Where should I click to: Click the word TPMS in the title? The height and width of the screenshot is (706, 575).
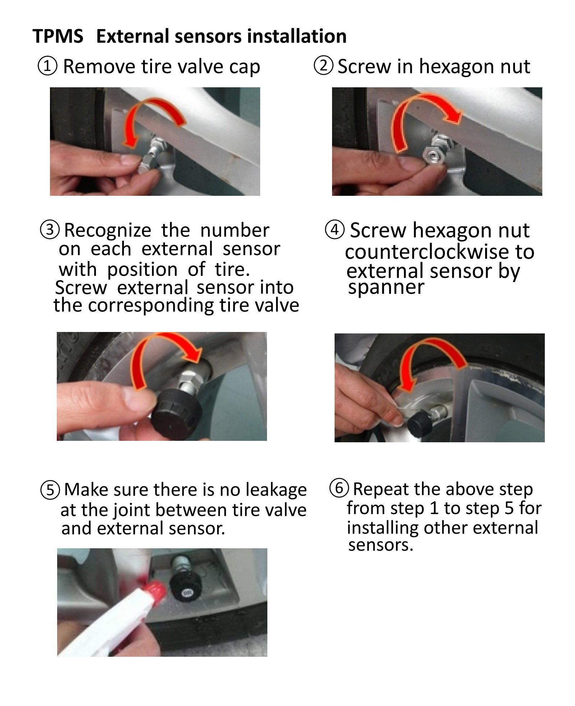tap(57, 36)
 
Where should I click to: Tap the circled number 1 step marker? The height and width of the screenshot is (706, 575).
tap(47, 66)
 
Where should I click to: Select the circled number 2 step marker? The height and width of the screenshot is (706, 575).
tap(323, 65)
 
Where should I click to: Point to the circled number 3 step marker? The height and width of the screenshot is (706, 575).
tap(50, 230)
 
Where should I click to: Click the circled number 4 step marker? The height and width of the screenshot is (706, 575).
tap(335, 229)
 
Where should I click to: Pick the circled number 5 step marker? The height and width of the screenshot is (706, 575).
tap(50, 490)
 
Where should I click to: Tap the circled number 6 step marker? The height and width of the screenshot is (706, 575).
tap(339, 488)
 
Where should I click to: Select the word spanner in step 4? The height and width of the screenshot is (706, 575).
tap(386, 287)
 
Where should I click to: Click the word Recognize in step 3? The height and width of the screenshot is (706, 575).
tap(107, 231)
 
